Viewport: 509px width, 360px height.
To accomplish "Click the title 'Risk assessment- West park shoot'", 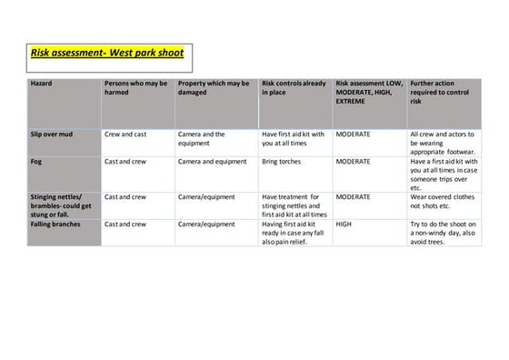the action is tap(107, 53).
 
